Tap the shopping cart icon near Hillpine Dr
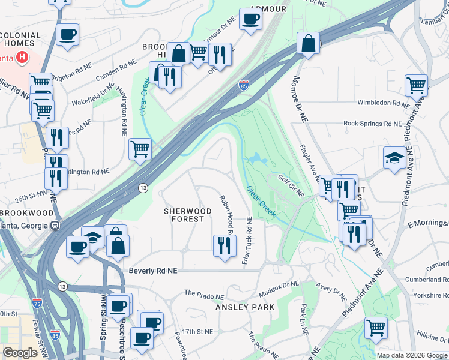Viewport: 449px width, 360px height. point(376,328)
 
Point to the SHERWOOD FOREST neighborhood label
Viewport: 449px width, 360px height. point(188,215)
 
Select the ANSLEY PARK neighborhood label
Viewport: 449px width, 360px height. point(245,307)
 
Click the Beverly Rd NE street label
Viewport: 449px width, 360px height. point(154,271)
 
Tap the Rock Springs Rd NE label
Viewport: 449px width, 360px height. point(372,124)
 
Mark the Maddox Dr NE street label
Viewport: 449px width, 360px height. point(279,292)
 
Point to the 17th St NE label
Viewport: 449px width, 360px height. point(197,331)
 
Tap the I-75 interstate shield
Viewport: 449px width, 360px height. point(38,305)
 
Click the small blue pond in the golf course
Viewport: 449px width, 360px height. point(255,160)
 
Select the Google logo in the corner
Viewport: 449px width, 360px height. point(20,353)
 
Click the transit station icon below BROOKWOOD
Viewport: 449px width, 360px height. point(55,226)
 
